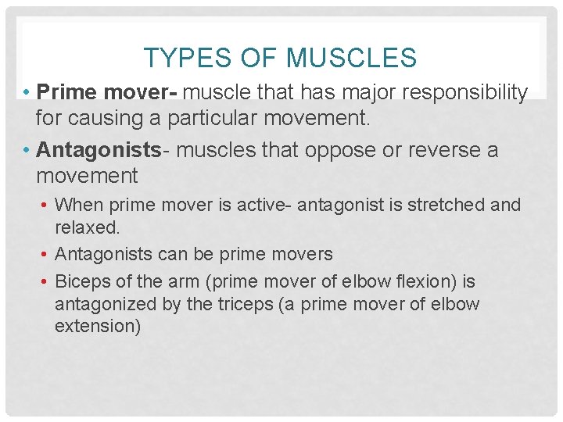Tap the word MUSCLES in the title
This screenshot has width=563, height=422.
click(x=351, y=58)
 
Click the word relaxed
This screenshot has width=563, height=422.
click(x=87, y=228)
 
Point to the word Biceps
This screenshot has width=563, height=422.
click(x=83, y=281)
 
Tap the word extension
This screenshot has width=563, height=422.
click(x=98, y=327)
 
